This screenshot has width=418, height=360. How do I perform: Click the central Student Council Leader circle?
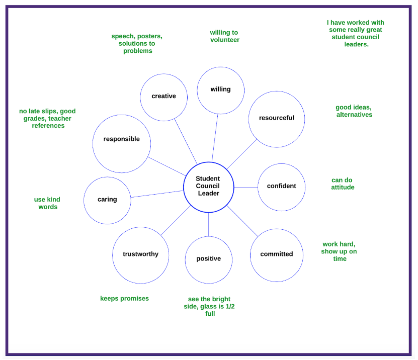208,187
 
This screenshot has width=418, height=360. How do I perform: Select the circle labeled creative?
163,97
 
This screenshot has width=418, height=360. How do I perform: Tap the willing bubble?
220,90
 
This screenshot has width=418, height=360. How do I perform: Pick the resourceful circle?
276,119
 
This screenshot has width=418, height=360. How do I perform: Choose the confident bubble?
281,187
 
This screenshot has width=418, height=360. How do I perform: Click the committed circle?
276,255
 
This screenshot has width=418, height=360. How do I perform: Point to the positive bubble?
208,259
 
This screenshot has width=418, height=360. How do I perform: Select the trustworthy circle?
140,255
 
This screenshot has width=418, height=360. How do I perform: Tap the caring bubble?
107,200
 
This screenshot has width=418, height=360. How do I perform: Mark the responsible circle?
121,143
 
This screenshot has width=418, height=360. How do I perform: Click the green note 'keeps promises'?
124,298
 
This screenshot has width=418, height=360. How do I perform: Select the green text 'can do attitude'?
342,184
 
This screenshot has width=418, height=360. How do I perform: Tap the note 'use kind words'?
47,203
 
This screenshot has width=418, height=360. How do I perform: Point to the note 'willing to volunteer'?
224,36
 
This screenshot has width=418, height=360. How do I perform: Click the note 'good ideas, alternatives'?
354,111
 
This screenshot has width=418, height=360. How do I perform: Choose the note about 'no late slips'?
47,118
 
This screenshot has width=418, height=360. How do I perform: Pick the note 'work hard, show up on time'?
339,251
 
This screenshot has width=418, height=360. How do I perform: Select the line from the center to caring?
157,194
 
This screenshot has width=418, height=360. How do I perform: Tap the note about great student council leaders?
356,33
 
